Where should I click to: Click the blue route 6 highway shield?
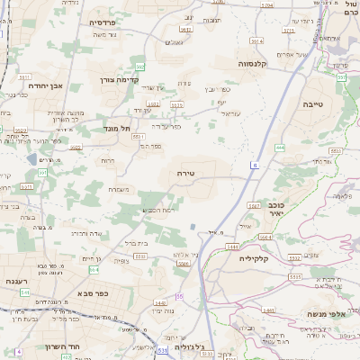tap(255, 166)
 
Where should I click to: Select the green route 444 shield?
tap(280, 147)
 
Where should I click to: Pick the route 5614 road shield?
tap(256, 40)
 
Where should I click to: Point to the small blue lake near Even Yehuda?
tap(33, 158)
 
